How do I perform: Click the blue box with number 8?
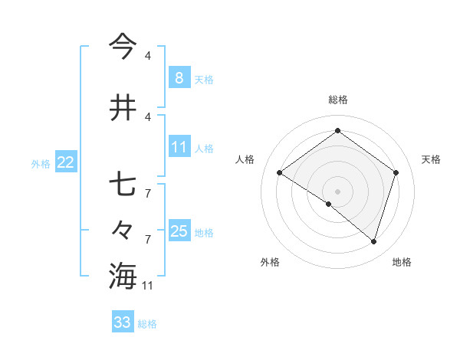tap(179, 77)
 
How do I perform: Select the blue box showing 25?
tap(179, 231)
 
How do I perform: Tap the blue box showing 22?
tap(65, 162)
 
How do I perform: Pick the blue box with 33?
tap(123, 322)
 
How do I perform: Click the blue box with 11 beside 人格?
tap(179, 147)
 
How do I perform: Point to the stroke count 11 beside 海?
tap(148, 286)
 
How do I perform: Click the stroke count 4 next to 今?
tap(147, 56)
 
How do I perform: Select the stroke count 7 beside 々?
tap(147, 240)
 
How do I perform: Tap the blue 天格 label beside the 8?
tap(204, 79)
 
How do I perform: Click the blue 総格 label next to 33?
tap(147, 323)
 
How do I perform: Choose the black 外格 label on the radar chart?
tap(270, 262)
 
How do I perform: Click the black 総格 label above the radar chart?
tap(337, 100)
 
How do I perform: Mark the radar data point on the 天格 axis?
tap(396, 173)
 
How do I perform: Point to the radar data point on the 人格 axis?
tap(280, 173)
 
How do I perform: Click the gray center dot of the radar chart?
tap(337, 191)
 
